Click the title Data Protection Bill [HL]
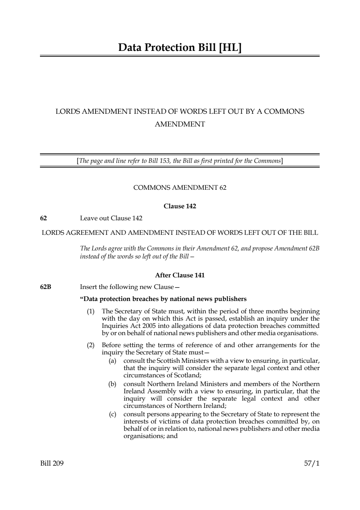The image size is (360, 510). [x=180, y=48]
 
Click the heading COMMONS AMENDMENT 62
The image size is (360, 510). [x=180, y=188]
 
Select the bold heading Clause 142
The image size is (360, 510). [x=180, y=206]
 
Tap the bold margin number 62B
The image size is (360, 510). [x=46, y=287]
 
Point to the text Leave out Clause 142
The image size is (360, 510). [x=111, y=218]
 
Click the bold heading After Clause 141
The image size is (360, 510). [x=180, y=275]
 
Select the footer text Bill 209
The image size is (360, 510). [x=52, y=463]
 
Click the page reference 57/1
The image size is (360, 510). [x=312, y=463]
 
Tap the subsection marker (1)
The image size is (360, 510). [x=90, y=311]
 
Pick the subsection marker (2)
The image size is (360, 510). [x=90, y=345]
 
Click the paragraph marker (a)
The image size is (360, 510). [x=113, y=361]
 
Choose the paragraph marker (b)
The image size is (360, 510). [x=113, y=384]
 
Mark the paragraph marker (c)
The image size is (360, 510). [x=113, y=414]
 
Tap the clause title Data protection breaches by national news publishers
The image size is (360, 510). [x=163, y=299]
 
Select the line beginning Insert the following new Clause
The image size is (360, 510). [x=130, y=287]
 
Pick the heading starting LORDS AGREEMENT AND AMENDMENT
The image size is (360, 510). [x=180, y=233]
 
